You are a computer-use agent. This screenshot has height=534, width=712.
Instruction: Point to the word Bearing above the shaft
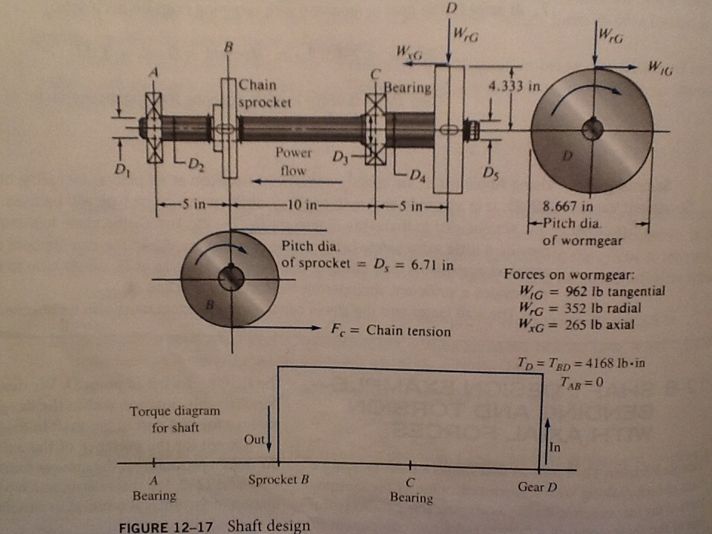point(407,88)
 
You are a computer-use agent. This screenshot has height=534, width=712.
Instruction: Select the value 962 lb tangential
point(606,291)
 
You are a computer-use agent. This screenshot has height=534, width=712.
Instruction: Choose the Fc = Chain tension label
point(390,331)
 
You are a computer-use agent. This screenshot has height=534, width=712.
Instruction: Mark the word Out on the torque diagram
point(254,438)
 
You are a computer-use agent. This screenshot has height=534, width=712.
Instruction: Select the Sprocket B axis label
point(277,479)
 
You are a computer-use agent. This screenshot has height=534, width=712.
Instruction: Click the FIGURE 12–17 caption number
point(165,527)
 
